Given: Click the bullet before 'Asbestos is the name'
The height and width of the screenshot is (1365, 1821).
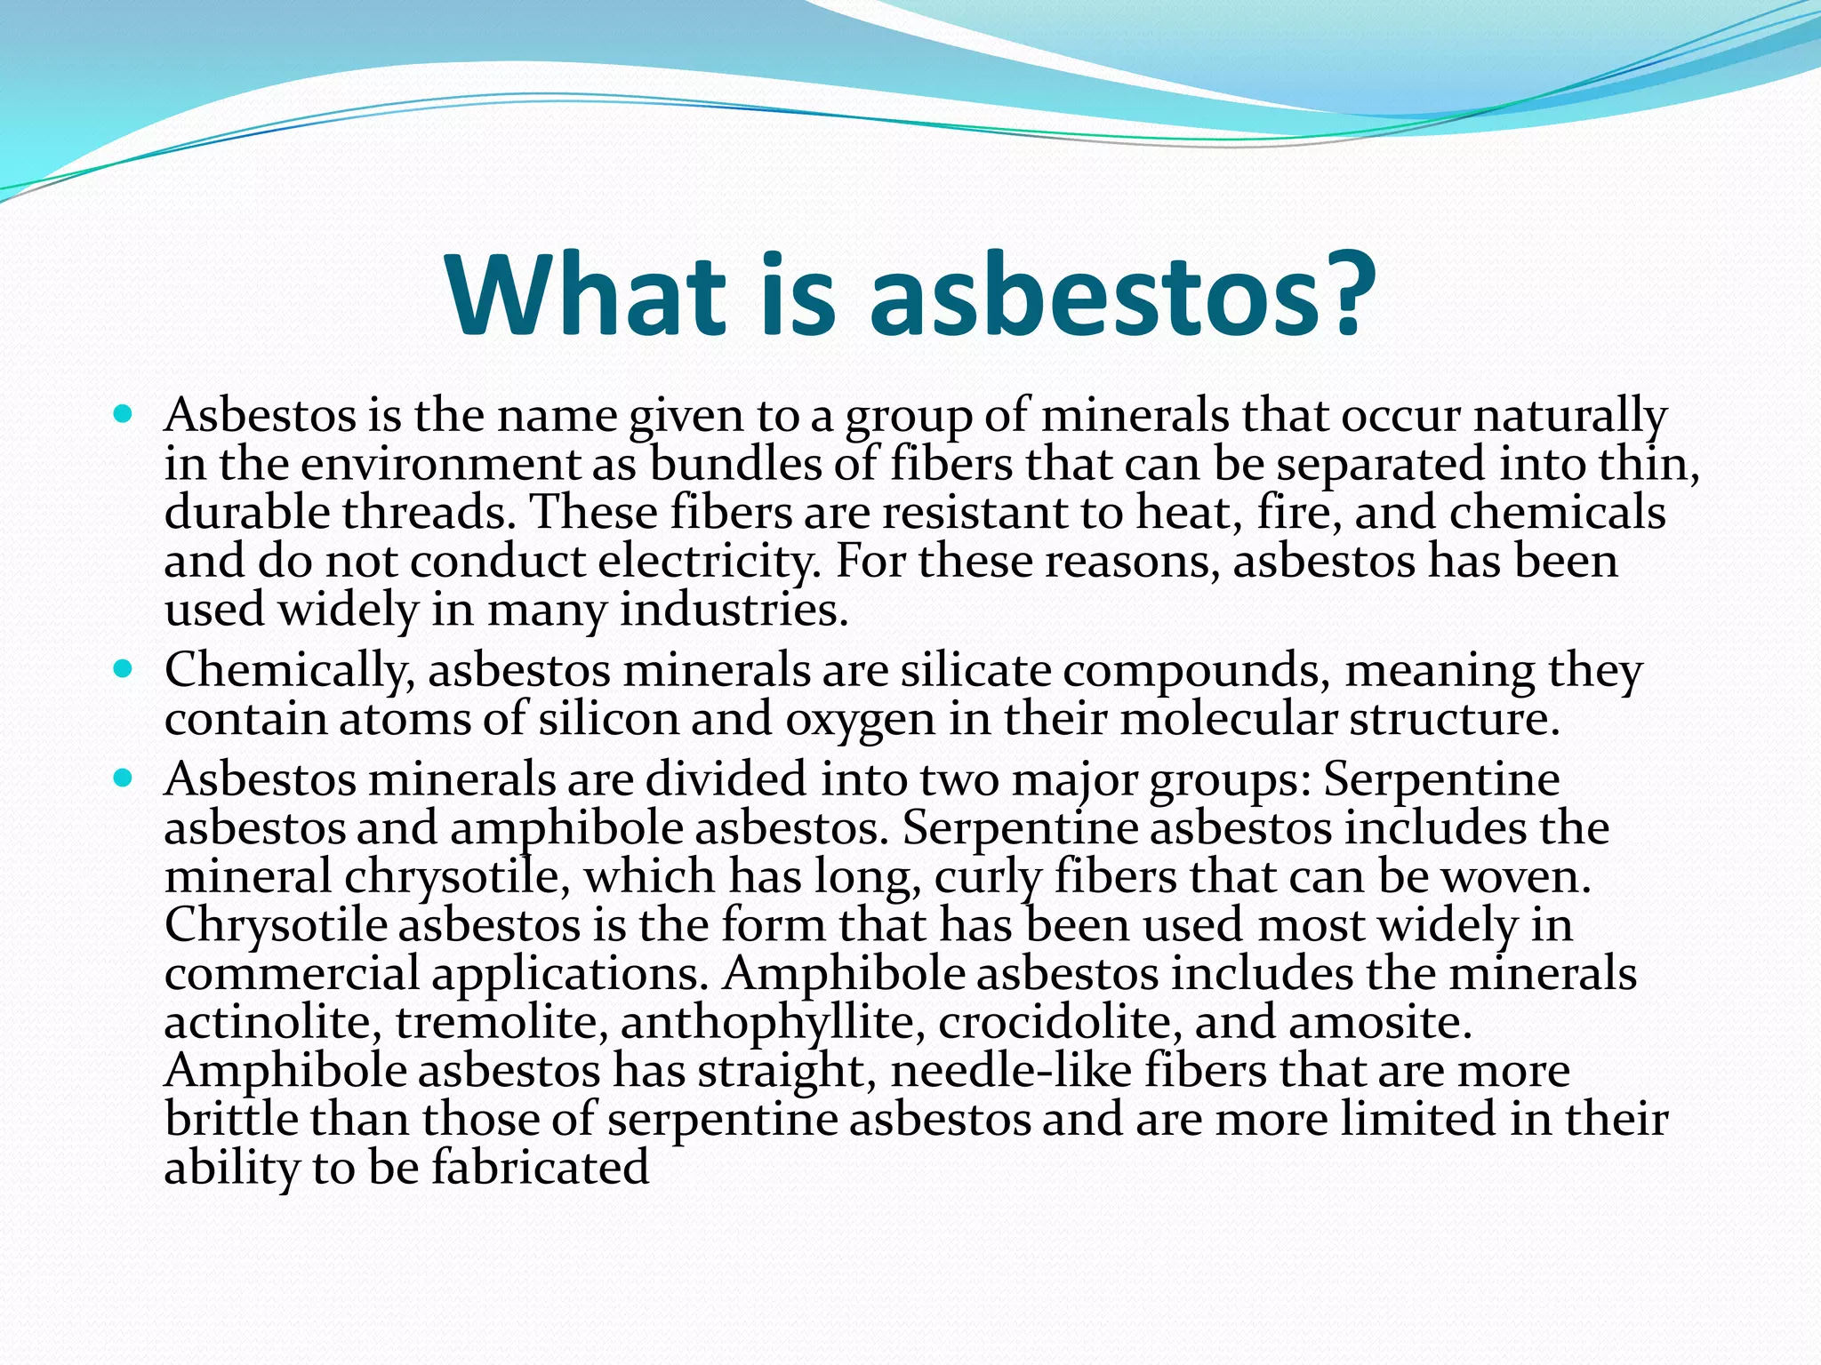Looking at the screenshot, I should (124, 414).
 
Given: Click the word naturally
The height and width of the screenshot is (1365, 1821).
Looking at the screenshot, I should (1568, 416).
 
